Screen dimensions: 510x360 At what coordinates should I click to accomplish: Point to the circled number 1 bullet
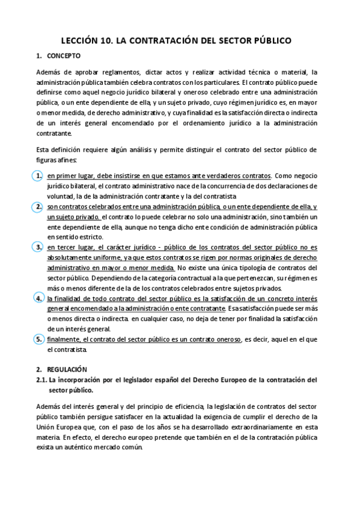click(38, 176)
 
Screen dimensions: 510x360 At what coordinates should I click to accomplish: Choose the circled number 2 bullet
click(38, 207)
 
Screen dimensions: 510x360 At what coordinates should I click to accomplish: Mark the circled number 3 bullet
click(38, 247)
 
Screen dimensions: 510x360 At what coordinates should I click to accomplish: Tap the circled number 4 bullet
click(38, 298)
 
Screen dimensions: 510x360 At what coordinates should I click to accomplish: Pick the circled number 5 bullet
click(38, 339)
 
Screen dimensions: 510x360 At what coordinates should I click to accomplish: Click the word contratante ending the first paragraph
click(54, 134)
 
